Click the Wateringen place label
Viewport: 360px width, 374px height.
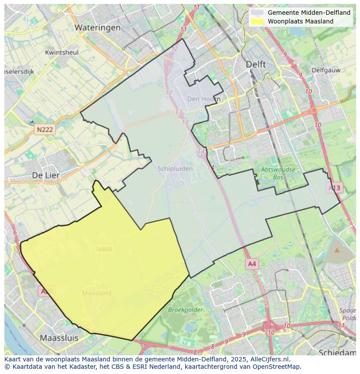click(x=97, y=27)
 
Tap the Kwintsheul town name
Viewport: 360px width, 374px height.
click(x=62, y=53)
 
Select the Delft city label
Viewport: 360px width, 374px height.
click(x=256, y=64)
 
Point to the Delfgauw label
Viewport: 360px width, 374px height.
click(x=326, y=70)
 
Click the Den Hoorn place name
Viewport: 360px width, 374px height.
click(x=203, y=99)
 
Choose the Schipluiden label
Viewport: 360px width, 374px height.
click(x=175, y=169)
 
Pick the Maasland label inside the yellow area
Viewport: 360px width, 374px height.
click(x=97, y=293)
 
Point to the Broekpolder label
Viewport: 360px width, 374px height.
click(x=186, y=310)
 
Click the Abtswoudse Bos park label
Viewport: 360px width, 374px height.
click(x=278, y=173)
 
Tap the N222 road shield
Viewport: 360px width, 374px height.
click(x=45, y=129)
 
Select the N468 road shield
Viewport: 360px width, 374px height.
click(x=104, y=249)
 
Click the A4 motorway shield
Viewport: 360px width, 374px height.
click(x=252, y=264)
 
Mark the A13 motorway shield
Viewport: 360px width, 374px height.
click(x=334, y=188)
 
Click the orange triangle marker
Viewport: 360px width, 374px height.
click(x=337, y=250)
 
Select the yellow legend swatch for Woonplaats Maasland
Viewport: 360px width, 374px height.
click(x=257, y=21)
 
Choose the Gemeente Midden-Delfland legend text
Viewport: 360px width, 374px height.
click(x=309, y=13)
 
